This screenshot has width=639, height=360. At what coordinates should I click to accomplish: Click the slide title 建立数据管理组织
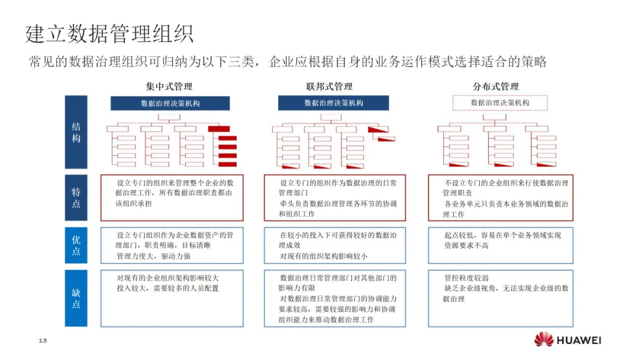click(109, 34)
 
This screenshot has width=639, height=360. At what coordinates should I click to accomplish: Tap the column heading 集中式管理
click(169, 86)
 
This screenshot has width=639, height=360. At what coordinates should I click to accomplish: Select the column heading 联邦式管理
click(333, 86)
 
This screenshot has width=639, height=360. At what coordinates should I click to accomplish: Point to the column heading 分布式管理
click(495, 86)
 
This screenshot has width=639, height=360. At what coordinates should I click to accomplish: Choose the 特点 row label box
click(76, 198)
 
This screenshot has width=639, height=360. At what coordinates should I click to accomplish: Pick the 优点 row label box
click(76, 246)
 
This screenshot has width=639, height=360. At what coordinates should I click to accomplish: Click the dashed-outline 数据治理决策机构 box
click(500, 103)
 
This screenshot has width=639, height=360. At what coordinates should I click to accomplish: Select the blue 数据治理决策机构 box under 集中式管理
click(170, 103)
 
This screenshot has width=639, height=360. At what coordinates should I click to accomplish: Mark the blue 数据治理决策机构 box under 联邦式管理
click(334, 103)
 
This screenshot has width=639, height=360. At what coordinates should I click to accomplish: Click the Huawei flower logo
click(544, 340)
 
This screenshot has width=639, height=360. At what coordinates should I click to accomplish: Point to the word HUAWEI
click(579, 340)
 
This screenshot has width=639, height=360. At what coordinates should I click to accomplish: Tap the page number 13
click(43, 340)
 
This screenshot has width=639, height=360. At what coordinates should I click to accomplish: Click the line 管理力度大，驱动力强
click(154, 256)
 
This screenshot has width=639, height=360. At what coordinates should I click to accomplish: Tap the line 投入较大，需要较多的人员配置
click(167, 288)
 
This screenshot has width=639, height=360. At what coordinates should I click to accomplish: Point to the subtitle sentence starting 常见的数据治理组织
click(287, 62)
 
